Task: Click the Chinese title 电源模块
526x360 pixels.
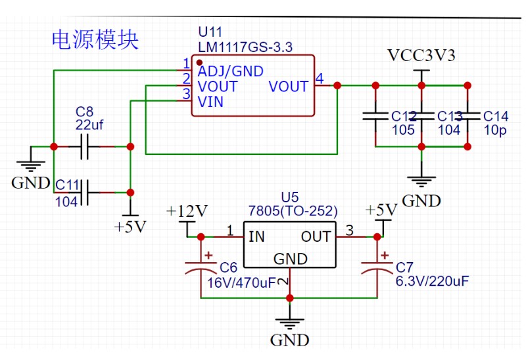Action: coord(95,39)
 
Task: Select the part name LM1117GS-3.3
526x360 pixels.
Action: coord(245,47)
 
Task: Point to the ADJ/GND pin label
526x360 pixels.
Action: coord(231,71)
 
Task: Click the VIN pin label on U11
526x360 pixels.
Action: coord(210,102)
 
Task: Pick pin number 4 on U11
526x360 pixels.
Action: coord(319,79)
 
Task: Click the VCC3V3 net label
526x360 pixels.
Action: coord(421,55)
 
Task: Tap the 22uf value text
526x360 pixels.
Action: coord(89,124)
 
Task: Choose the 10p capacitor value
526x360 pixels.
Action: coord(494,130)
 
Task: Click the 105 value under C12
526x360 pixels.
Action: coord(404,130)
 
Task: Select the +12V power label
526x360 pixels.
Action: coord(187,211)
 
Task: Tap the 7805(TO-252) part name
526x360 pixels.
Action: coord(293,211)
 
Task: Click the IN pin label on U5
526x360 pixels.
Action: coord(256,236)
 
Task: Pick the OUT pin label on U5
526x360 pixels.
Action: coord(316,236)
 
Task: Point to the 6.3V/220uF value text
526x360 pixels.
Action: coord(432,281)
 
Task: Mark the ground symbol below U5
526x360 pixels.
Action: coord(290,322)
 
